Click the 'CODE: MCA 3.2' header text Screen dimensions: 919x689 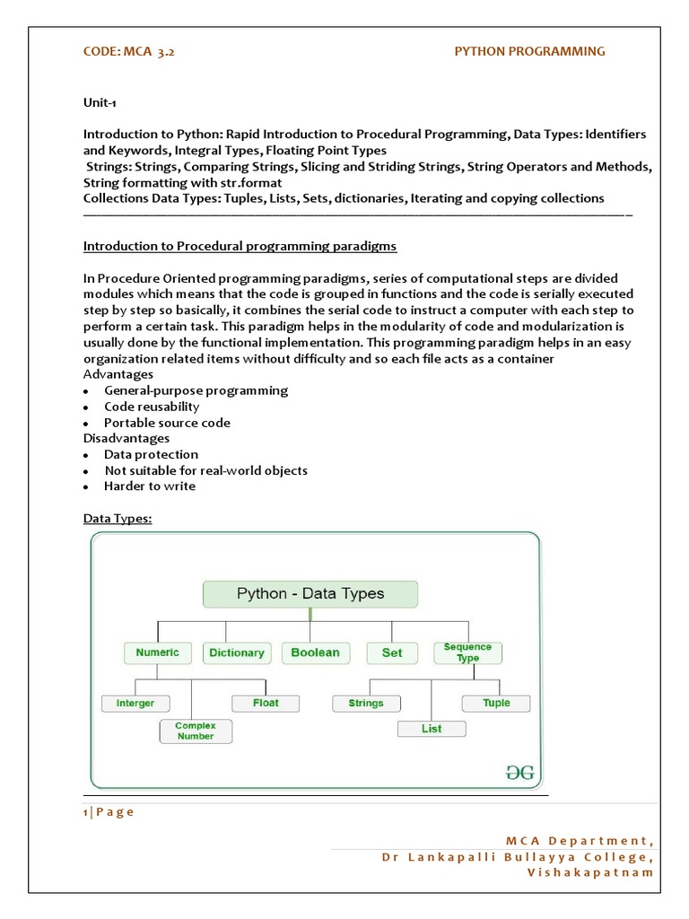(x=129, y=51)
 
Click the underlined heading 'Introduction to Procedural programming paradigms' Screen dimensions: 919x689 (x=240, y=246)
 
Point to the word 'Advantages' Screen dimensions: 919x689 (x=118, y=374)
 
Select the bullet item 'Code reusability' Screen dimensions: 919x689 (x=152, y=407)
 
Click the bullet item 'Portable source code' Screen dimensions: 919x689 (x=167, y=423)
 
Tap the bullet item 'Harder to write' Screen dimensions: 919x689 (x=150, y=486)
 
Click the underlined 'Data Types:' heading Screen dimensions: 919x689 (x=118, y=519)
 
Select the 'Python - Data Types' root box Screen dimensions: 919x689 (x=310, y=593)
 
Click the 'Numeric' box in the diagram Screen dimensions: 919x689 (x=158, y=652)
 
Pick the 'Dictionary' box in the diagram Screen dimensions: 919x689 (x=237, y=653)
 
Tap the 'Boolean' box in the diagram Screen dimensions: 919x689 (x=316, y=652)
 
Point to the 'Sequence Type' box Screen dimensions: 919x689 (x=467, y=652)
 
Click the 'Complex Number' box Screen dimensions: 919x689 (x=196, y=731)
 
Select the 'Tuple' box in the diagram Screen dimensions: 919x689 (x=496, y=703)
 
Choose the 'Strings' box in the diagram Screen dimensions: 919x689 (x=366, y=703)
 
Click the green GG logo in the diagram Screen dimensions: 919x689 (x=518, y=771)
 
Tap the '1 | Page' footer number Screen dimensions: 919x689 (x=109, y=812)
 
